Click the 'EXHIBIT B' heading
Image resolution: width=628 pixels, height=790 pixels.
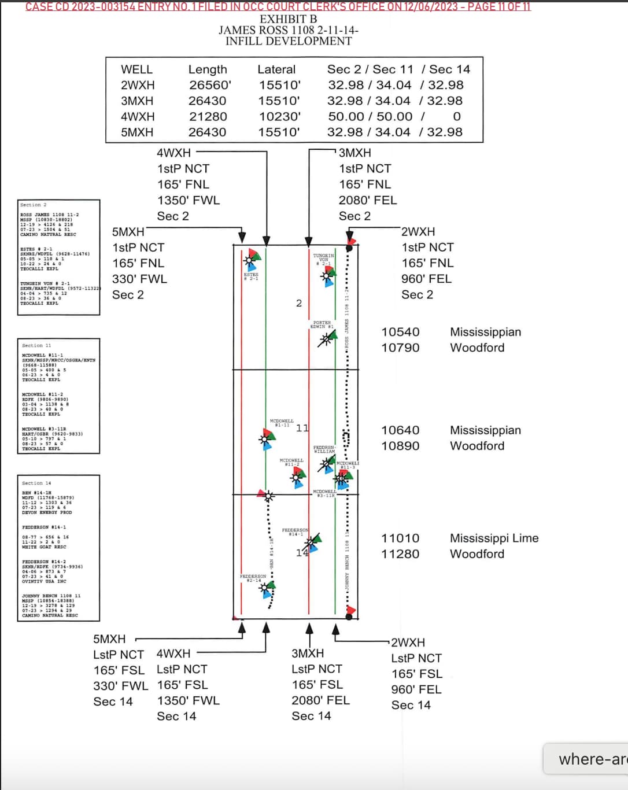[x=288, y=19]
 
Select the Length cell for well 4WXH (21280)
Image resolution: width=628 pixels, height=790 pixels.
[x=208, y=116]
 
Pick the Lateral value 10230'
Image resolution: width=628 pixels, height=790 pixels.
[x=279, y=116]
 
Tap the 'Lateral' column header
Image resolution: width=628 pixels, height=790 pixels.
[x=276, y=69]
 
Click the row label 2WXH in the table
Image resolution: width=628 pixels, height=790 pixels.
[x=138, y=85]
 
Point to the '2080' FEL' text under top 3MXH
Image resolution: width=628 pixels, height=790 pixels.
[x=368, y=200]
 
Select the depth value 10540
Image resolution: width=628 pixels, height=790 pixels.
[x=400, y=332]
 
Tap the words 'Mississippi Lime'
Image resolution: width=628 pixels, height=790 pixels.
[x=494, y=538]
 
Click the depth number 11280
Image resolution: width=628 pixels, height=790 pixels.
[x=400, y=554]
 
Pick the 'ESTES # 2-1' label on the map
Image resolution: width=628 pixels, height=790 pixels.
[x=251, y=276]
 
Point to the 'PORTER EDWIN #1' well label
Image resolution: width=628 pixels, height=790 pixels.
[x=322, y=324]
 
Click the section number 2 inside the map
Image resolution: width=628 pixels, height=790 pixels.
[x=299, y=303]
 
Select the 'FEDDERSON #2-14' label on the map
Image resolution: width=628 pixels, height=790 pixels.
[x=253, y=578]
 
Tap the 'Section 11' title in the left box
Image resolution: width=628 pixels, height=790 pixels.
[x=36, y=345]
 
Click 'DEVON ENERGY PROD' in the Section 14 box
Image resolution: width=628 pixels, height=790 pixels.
[x=47, y=512]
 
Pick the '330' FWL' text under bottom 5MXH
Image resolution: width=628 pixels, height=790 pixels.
[x=120, y=686]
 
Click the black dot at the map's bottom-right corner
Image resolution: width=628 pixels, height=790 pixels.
[x=349, y=617]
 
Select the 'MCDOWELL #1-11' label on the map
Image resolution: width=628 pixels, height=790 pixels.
[x=282, y=423]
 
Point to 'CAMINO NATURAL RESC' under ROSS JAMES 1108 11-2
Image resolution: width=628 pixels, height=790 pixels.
[x=48, y=234]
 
